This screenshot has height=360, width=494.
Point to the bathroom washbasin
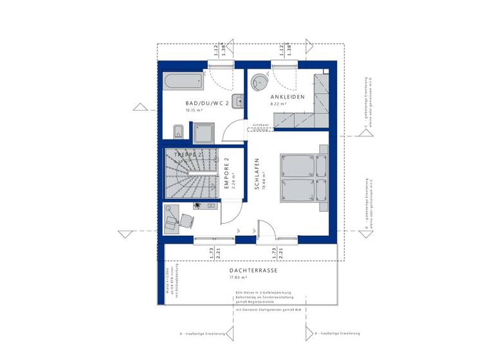pyautogui.click(x=239, y=100)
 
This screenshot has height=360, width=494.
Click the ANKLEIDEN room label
pyautogui.click(x=287, y=96)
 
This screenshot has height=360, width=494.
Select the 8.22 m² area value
pyautogui.click(x=278, y=103)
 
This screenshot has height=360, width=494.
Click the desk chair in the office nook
pyautogui.click(x=185, y=220)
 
